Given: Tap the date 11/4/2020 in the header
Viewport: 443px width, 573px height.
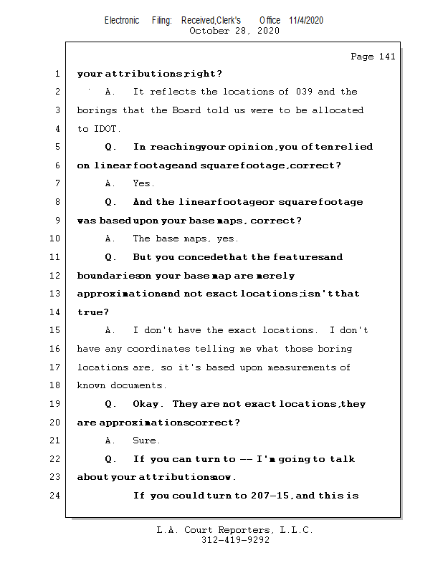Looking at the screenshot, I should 306,20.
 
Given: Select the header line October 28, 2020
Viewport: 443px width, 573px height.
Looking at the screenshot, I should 234,31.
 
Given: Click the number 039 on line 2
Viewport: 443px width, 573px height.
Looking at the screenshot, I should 303,92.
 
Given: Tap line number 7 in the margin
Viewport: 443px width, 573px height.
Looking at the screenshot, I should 57,184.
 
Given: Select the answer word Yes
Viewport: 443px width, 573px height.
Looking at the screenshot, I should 143,184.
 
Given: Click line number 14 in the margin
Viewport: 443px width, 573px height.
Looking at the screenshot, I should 55,312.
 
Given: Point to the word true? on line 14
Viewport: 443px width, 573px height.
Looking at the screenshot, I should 93,312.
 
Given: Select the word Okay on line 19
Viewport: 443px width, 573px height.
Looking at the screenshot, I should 147,404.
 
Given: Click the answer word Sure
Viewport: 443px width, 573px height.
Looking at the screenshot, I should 146,440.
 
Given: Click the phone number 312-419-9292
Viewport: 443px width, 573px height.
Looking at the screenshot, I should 235,541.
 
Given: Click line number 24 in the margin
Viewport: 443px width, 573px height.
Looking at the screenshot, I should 55,496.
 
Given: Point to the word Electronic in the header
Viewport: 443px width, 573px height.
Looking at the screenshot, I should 122,20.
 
